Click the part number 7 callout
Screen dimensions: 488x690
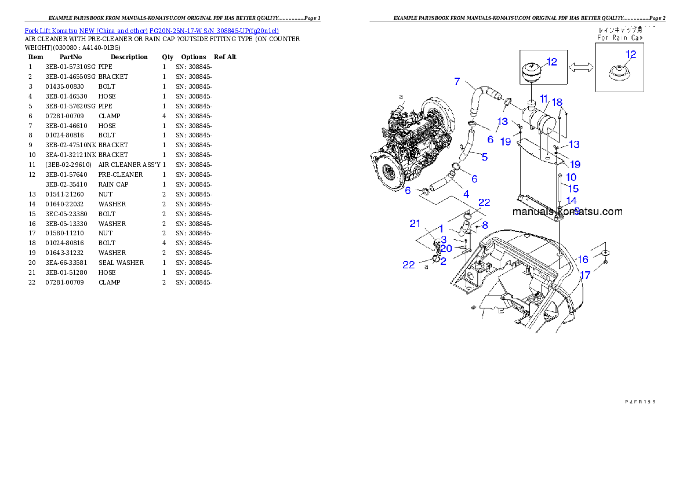[457, 81]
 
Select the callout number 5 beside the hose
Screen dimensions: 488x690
[484, 156]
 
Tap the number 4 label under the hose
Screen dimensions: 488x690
[466, 193]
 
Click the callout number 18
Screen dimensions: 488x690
[557, 103]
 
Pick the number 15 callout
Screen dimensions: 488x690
[573, 188]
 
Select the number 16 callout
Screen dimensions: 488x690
[583, 259]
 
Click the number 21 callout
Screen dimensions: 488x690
[415, 224]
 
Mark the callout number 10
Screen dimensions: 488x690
[571, 177]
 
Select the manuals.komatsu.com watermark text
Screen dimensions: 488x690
[567, 212]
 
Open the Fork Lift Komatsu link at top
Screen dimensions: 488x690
[151, 30]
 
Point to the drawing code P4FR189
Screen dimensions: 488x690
[640, 400]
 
